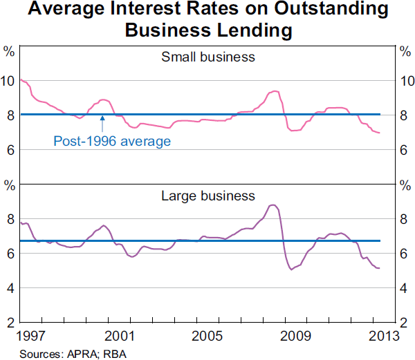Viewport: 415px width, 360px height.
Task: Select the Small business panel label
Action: (x=207, y=57)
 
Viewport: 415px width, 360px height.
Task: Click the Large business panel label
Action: (x=207, y=196)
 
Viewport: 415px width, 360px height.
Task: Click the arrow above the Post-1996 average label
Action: (x=102, y=124)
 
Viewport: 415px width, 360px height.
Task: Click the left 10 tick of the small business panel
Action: (x=8, y=81)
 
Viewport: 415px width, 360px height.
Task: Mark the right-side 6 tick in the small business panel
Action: (x=405, y=150)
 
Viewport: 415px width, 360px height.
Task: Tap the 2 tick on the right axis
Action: (x=405, y=322)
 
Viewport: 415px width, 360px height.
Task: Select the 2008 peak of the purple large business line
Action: (x=273, y=205)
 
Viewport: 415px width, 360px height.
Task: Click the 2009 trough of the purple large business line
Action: (x=291, y=269)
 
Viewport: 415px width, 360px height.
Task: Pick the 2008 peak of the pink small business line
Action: (x=275, y=91)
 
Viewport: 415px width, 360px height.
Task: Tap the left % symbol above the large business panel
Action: (x=10, y=187)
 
